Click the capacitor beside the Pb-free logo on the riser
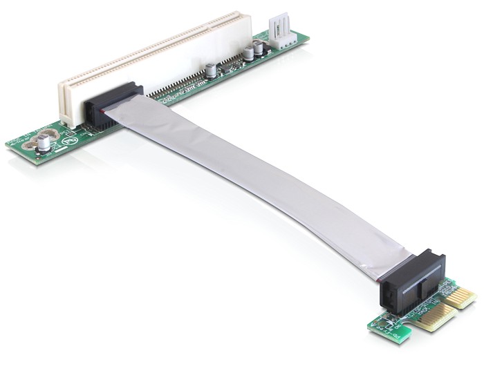click(45, 142)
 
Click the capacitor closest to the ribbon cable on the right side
click(208, 70)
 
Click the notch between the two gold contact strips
click(446, 307)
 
